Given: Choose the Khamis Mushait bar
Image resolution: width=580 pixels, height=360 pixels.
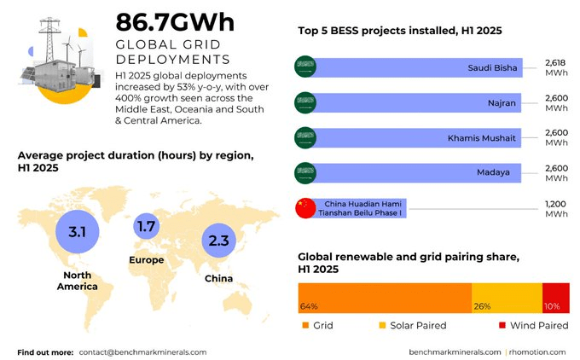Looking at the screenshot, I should (418, 137).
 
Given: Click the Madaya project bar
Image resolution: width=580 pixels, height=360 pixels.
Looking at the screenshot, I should (418, 172).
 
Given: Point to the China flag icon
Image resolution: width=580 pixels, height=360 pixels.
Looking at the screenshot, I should (304, 207).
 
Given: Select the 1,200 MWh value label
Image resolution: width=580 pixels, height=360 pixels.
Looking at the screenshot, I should (556, 208).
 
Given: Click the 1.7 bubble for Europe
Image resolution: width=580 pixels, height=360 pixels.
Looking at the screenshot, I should (146, 227).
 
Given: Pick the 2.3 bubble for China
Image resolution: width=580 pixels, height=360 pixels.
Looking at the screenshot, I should (218, 241).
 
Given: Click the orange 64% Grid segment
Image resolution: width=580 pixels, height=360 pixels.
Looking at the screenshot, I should (384, 299).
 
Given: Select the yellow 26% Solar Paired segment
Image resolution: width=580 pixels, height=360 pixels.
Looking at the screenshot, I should (507, 299).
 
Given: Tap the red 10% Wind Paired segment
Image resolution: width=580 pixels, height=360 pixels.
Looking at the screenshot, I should (555, 299).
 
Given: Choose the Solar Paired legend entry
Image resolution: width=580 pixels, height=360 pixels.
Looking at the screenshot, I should (413, 325).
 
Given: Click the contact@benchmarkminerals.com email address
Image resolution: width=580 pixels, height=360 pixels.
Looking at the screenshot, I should (142, 351).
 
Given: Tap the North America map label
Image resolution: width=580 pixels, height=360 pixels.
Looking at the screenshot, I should (77, 281).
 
